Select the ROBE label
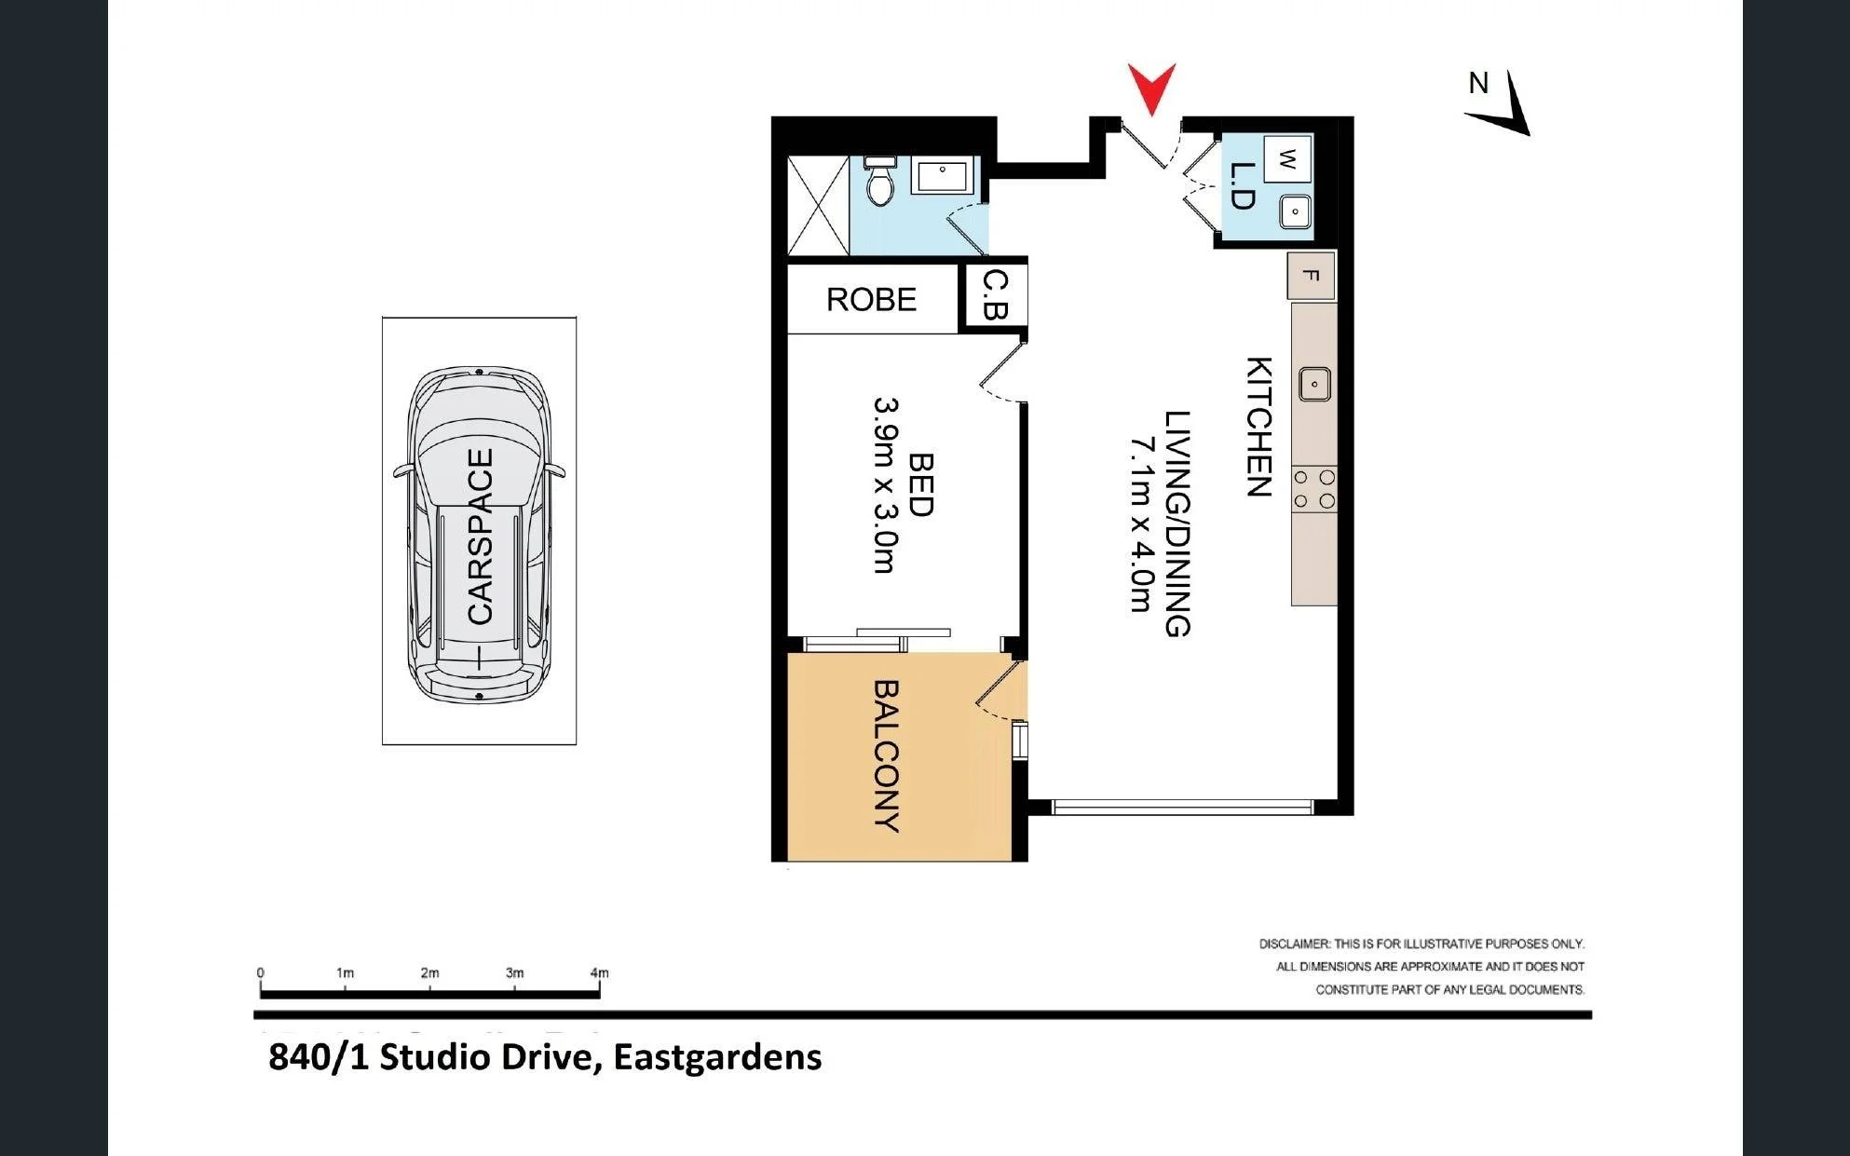click(871, 299)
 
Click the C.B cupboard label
click(996, 294)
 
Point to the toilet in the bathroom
click(879, 180)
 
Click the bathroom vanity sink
click(943, 175)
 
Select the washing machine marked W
click(1287, 159)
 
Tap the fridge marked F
click(1312, 277)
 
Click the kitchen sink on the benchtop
click(1314, 384)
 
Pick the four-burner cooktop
click(1314, 489)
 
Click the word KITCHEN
click(1259, 427)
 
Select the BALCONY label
click(886, 755)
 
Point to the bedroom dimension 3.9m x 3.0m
click(886, 485)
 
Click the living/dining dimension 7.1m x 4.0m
click(1142, 524)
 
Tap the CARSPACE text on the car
click(480, 537)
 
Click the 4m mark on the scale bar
click(599, 972)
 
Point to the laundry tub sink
click(1296, 211)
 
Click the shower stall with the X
click(819, 206)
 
